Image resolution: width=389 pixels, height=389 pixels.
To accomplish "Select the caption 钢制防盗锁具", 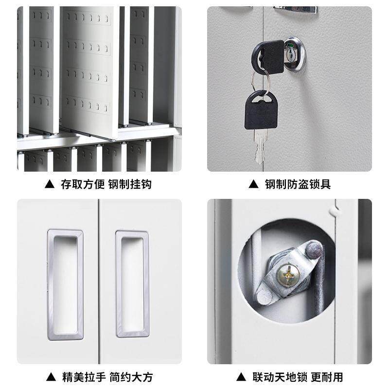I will [298, 185].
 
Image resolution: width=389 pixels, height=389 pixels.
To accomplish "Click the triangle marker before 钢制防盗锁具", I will [253, 185].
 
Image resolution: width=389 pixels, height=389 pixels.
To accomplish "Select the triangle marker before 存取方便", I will [49, 185].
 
